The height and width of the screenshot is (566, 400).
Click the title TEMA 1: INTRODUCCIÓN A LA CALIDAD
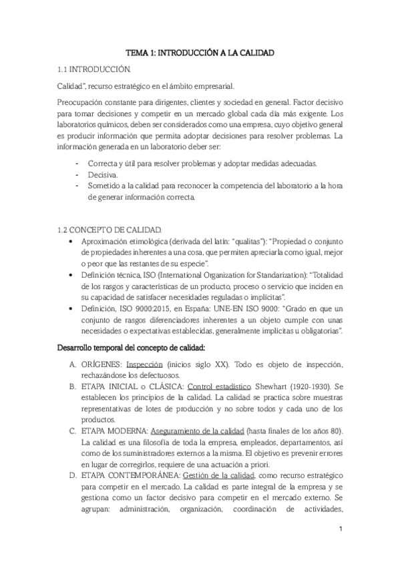(200, 52)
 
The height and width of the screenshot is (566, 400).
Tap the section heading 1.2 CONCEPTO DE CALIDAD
(110, 228)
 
